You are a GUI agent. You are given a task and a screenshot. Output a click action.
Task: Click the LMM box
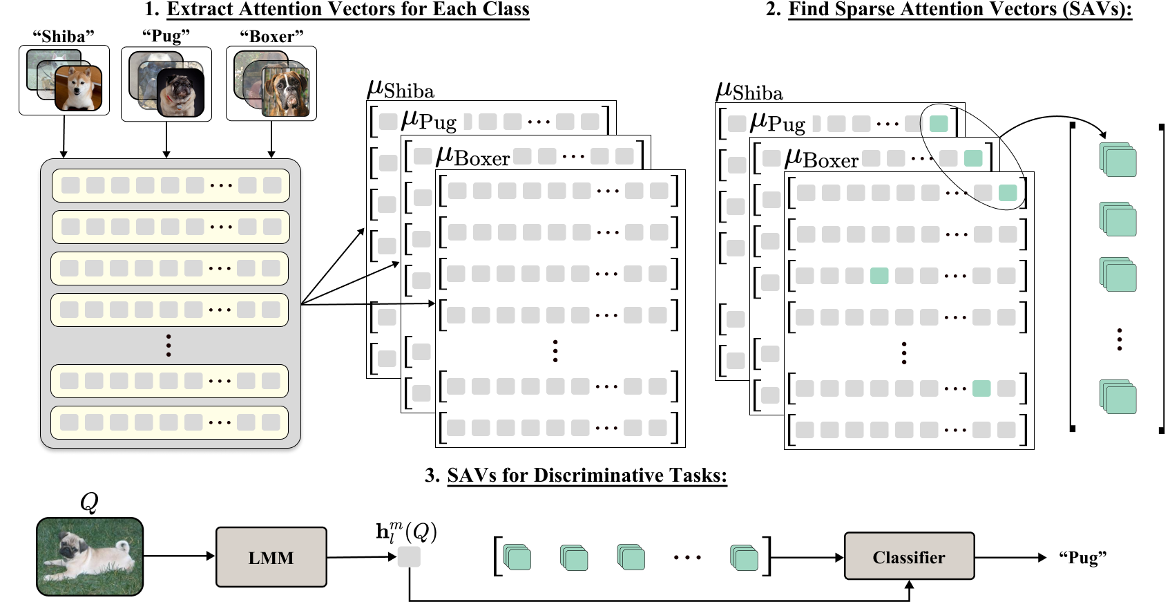(x=271, y=557)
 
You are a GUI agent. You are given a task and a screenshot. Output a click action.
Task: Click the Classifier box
(x=909, y=556)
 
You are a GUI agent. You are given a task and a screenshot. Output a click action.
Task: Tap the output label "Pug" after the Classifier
(x=1082, y=558)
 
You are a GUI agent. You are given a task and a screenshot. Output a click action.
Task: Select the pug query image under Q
(x=90, y=556)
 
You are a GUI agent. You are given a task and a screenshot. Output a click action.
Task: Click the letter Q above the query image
(x=89, y=502)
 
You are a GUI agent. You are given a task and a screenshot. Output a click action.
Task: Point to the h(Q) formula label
(x=405, y=532)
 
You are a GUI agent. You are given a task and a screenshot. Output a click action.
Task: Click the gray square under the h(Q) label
(x=409, y=556)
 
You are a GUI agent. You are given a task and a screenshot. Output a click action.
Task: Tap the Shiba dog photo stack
(x=64, y=80)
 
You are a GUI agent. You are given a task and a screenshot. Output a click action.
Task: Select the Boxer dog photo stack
(x=271, y=83)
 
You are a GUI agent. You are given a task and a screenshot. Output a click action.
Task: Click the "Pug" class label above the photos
(x=166, y=36)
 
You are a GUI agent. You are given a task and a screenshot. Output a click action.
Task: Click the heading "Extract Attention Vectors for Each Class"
(x=347, y=9)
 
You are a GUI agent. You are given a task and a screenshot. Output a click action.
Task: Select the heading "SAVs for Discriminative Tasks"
(x=586, y=476)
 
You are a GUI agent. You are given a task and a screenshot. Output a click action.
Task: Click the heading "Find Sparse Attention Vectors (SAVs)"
(x=960, y=9)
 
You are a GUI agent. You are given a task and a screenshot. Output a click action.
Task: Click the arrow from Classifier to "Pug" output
(x=1010, y=557)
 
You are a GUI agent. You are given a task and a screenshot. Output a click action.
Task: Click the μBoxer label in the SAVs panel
(x=821, y=159)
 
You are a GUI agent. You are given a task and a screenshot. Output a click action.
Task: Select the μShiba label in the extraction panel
(x=401, y=90)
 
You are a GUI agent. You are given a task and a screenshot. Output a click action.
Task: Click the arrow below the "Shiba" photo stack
(x=64, y=136)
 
